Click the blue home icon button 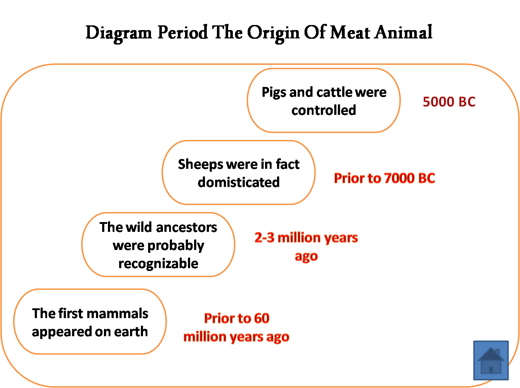click(x=491, y=360)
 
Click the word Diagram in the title click(x=118, y=33)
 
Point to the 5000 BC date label click(x=449, y=102)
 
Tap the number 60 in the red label click(x=261, y=318)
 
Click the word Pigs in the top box click(x=274, y=93)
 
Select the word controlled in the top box click(x=324, y=110)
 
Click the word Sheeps click(x=200, y=164)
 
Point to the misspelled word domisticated click(x=239, y=182)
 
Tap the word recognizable click(x=158, y=263)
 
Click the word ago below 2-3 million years click(x=306, y=256)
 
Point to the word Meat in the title click(x=351, y=33)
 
